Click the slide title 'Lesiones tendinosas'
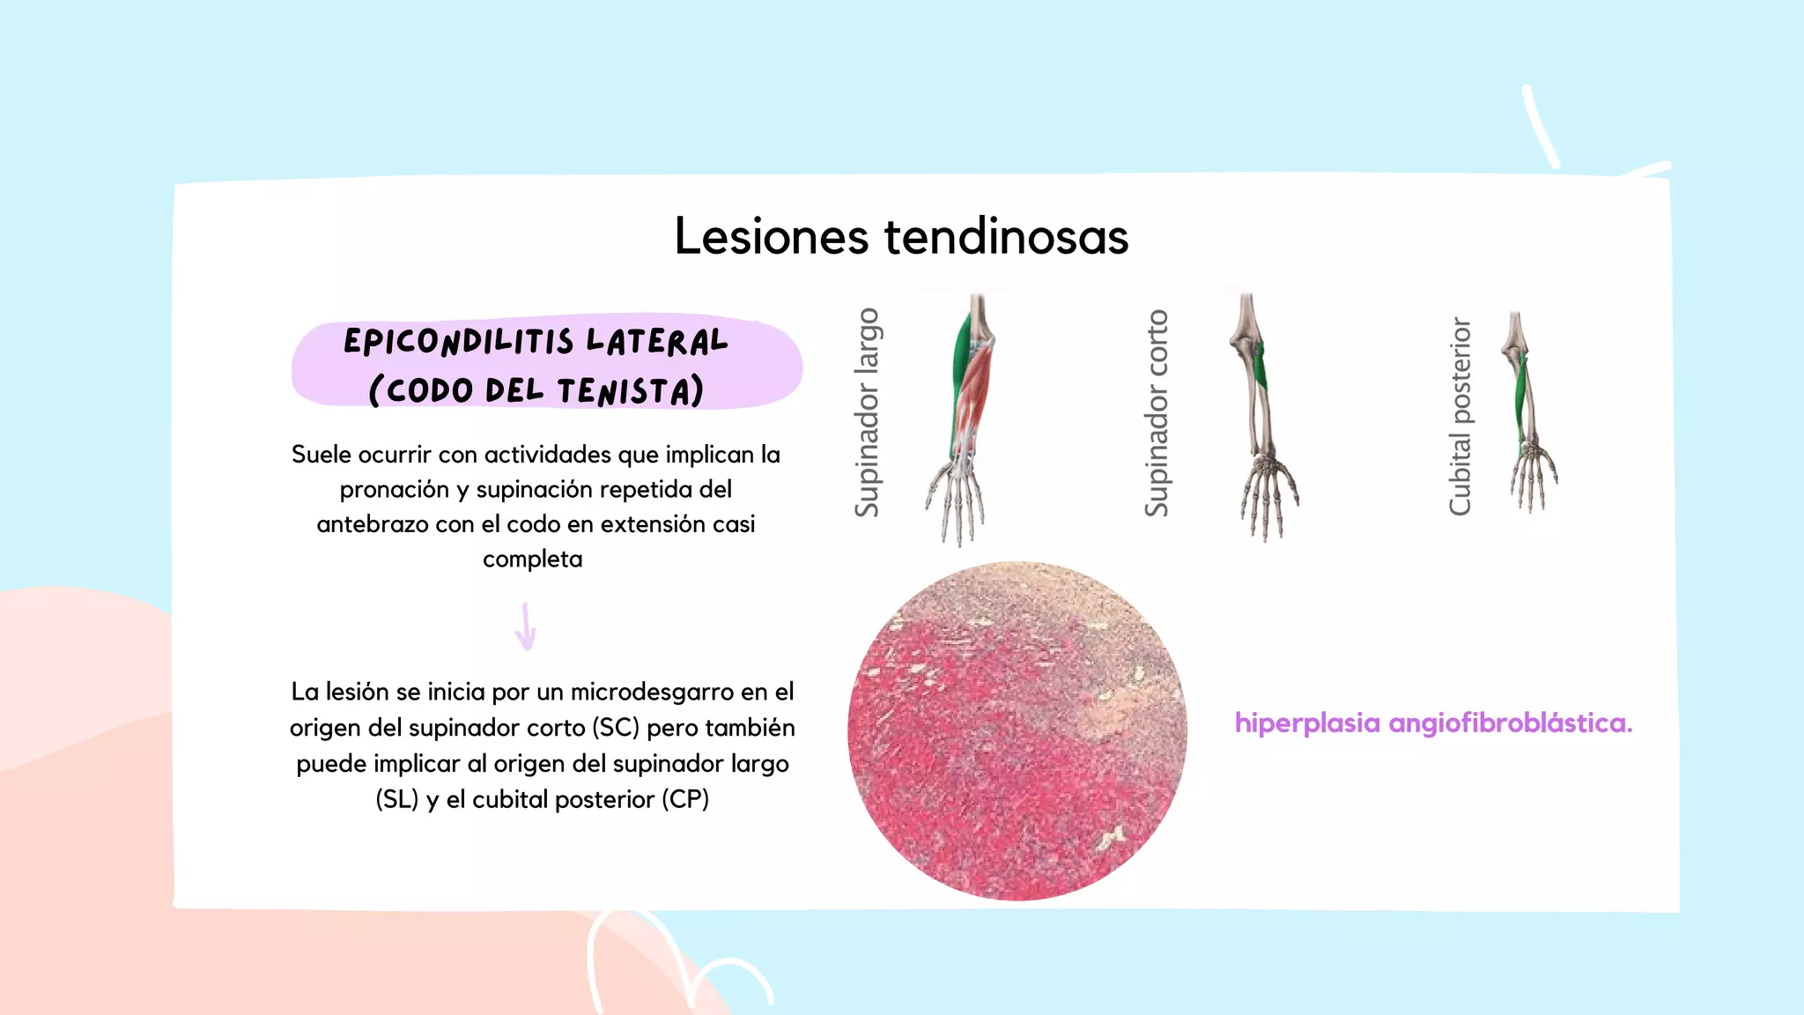pos(901,236)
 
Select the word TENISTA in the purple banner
pos(630,390)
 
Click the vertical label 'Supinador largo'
pos(868,412)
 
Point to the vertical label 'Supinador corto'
pos(1157,412)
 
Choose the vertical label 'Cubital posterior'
pos(1460,416)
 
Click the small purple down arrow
pos(526,626)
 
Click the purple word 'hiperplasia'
pos(1307,723)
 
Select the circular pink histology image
pos(1017,730)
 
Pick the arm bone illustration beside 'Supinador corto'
pos(1260,414)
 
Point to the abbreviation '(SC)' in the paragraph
pos(616,728)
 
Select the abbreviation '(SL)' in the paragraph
pos(396,799)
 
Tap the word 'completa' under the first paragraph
pos(532,559)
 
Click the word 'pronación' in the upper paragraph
pos(394,490)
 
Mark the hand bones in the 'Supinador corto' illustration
pos(1268,498)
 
